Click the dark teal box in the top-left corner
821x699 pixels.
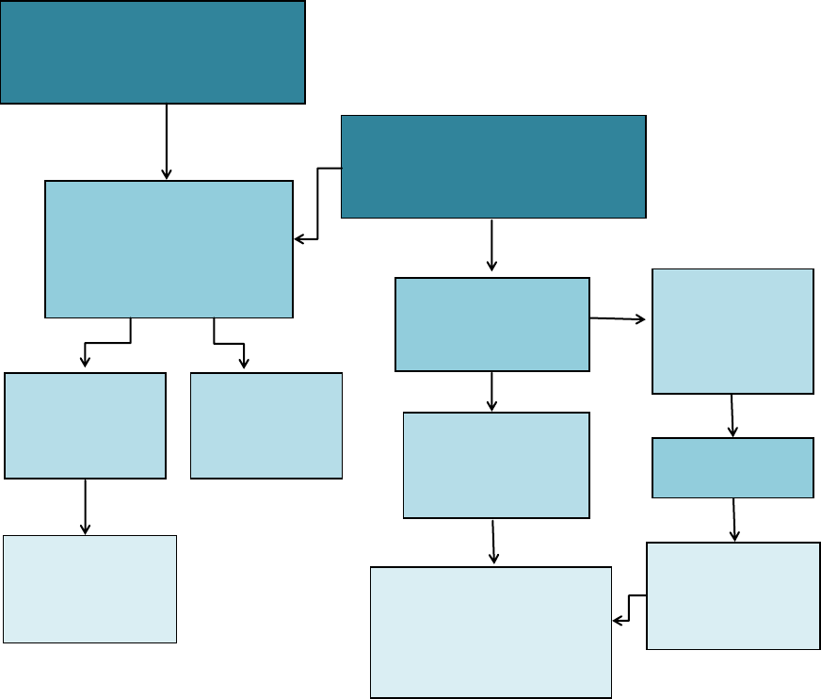(153, 52)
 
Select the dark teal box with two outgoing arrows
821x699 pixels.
(493, 167)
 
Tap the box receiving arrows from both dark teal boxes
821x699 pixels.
(169, 249)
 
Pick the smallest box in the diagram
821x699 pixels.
(732, 467)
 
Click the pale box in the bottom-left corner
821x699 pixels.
(89, 589)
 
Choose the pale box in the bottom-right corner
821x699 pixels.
(732, 595)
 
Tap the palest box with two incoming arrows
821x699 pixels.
(491, 632)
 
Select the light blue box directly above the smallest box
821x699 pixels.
(732, 331)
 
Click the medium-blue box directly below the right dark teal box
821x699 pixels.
(492, 324)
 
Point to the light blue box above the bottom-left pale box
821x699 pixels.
(85, 426)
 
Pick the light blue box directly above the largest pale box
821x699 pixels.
(496, 464)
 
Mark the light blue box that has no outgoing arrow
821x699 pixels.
(266, 426)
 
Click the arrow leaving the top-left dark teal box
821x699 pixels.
(167, 141)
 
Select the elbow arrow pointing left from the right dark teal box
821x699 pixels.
(318, 203)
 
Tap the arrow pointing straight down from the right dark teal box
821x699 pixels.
(491, 247)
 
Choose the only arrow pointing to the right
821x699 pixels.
(620, 319)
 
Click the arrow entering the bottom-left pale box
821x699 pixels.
(86, 507)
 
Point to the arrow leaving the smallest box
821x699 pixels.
(734, 519)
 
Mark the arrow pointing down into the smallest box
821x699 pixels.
(732, 415)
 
